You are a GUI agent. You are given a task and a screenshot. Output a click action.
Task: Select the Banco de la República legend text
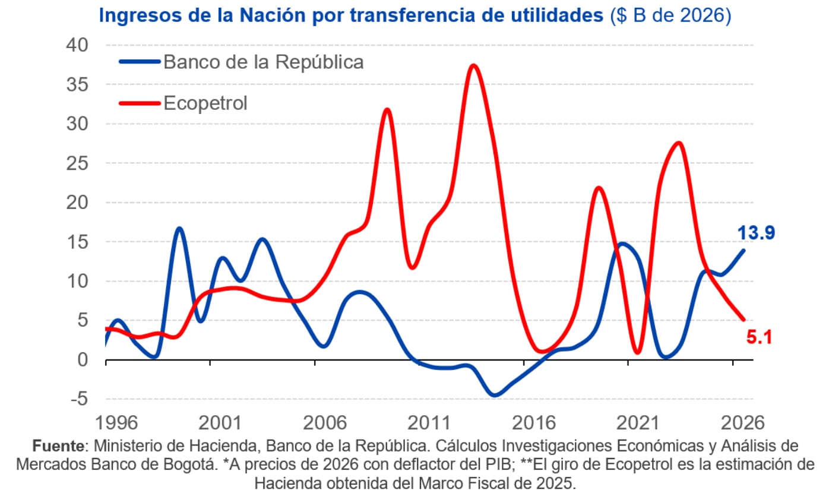tap(263, 62)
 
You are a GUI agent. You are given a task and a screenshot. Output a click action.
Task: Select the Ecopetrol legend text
tap(205, 103)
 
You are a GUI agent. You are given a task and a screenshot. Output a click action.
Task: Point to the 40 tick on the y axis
tap(76, 45)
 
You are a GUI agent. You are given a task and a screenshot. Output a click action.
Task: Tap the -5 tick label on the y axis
tap(78, 399)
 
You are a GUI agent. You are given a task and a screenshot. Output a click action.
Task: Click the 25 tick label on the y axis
tap(76, 163)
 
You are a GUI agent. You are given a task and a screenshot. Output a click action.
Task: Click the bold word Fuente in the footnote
tap(59, 446)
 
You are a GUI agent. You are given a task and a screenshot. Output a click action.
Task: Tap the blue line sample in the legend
tap(139, 62)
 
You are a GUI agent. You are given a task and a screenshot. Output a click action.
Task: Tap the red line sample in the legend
tap(139, 103)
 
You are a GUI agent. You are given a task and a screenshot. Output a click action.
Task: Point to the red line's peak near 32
tap(387, 110)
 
